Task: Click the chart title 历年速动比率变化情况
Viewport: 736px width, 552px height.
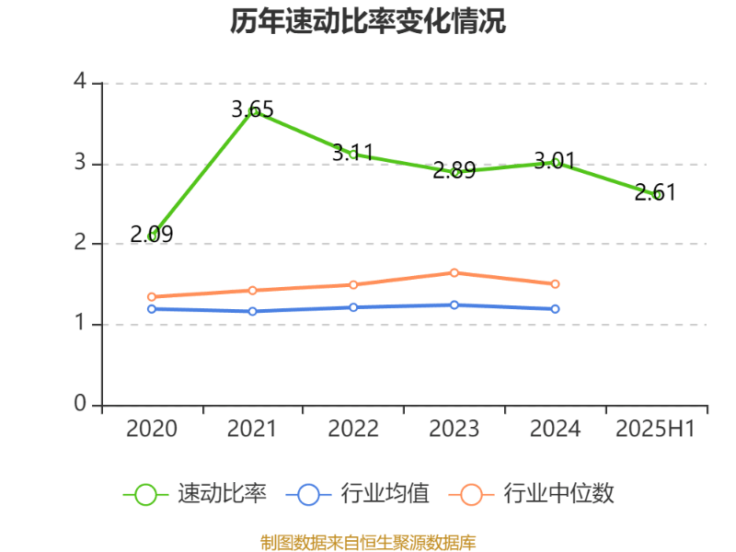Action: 368,21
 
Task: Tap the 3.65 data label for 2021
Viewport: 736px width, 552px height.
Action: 252,109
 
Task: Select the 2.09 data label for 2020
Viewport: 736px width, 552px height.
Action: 151,235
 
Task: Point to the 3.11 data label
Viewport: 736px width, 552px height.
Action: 352,152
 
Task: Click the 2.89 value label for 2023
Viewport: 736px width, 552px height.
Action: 454,170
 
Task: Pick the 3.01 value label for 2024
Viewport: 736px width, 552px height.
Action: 555,162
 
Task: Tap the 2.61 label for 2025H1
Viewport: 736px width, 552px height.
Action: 655,192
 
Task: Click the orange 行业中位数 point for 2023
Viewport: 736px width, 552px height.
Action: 454,272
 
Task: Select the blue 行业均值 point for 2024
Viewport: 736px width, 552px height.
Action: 555,309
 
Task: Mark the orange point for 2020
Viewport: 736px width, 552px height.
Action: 152,297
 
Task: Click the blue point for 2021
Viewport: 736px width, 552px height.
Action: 252,311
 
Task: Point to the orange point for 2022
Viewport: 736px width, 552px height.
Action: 353,284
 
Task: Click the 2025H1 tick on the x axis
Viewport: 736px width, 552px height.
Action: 655,429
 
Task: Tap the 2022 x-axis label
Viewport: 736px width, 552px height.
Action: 353,429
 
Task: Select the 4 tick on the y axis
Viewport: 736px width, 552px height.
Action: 80,82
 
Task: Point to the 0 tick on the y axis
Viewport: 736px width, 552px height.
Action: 80,405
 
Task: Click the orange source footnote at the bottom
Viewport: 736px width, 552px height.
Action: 368,542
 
